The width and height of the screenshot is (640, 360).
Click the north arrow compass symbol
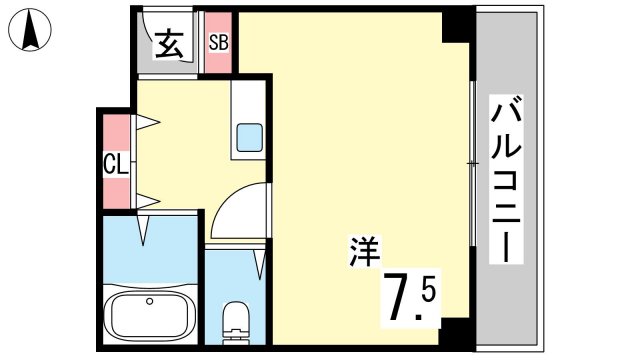click(x=30, y=30)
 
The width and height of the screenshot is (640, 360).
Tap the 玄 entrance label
click(x=168, y=44)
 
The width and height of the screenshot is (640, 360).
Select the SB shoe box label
click(x=218, y=42)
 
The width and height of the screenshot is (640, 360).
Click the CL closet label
click(x=116, y=164)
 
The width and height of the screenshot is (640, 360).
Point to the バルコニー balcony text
click(x=506, y=179)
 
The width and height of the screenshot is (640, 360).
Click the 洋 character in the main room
click(x=364, y=251)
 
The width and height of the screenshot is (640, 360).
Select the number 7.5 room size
click(x=411, y=298)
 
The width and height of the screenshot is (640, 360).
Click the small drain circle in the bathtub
click(x=150, y=301)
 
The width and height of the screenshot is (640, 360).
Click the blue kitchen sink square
click(x=250, y=137)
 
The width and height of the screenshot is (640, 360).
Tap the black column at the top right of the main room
click(x=457, y=27)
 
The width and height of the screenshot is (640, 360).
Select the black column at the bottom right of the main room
click(x=454, y=332)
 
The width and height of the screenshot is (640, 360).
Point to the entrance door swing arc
click(x=164, y=39)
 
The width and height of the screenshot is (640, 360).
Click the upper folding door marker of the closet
click(x=147, y=122)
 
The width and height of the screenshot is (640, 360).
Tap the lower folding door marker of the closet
click(x=147, y=201)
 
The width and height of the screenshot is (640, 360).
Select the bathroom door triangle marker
click(x=143, y=231)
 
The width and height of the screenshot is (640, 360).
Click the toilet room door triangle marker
click(x=260, y=265)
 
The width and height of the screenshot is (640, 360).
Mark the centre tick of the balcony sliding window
click(x=472, y=163)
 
